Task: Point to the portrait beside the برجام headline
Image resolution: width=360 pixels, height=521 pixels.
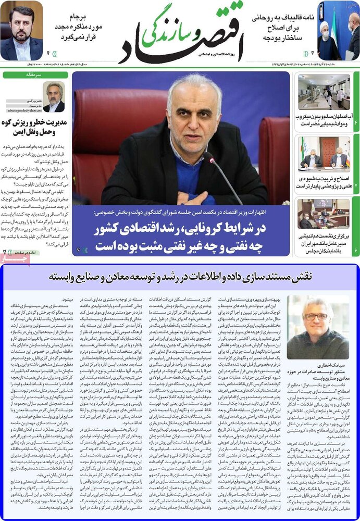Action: click(x=21, y=30)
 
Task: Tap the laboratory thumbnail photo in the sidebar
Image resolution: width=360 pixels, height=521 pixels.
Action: click(x=324, y=92)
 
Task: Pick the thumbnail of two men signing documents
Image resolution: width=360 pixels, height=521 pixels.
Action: click(x=324, y=153)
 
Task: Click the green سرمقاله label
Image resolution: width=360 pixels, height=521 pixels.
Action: click(x=34, y=75)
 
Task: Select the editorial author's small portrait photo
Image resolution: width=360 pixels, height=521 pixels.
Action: click(x=54, y=97)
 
